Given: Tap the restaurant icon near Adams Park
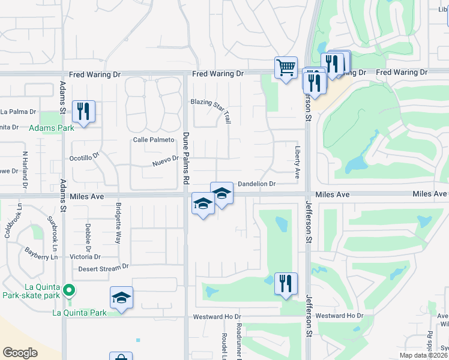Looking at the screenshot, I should click(83, 111).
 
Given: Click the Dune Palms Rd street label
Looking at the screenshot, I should click(186, 158).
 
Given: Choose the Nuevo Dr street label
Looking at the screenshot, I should click(166, 160).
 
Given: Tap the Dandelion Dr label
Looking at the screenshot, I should click(256, 184).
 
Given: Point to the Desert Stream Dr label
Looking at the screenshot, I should click(104, 268).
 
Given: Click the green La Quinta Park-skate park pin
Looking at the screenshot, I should click(70, 291).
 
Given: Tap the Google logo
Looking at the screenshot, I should click(20, 353).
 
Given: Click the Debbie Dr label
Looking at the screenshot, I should click(88, 236).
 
